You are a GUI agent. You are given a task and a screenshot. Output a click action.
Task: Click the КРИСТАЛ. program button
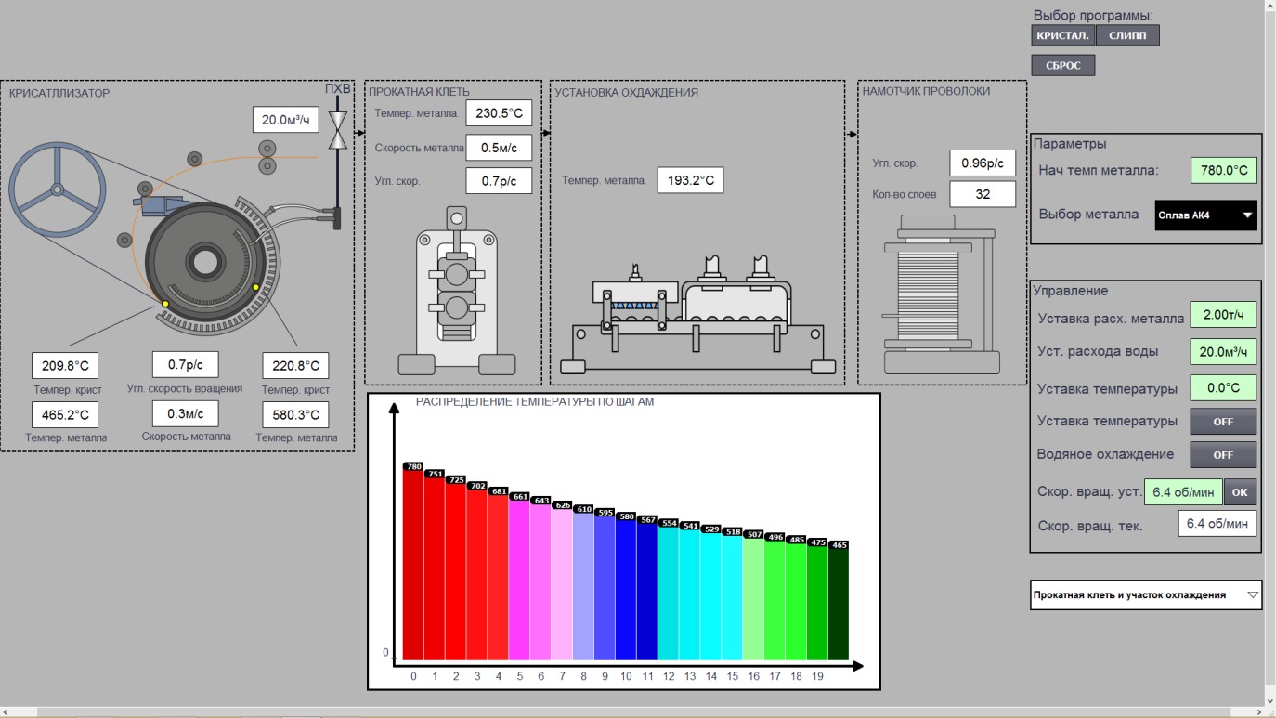click(1062, 35)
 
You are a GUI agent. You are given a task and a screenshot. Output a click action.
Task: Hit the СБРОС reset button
click(1063, 66)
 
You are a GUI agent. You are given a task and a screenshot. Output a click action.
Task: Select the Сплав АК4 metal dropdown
click(1206, 215)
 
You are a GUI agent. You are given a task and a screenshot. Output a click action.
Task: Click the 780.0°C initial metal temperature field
click(1224, 170)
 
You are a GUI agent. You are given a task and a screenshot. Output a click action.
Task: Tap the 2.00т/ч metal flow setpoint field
click(1223, 315)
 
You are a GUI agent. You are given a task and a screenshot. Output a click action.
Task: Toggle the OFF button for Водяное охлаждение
click(1223, 455)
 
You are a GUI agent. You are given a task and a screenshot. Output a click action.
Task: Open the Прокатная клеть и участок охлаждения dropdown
click(1146, 594)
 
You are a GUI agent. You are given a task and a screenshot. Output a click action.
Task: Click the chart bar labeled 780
click(413, 564)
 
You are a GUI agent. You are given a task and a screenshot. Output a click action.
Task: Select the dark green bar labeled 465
click(839, 603)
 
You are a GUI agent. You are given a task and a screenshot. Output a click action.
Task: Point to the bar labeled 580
click(626, 589)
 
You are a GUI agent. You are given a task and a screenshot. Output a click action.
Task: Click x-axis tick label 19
click(817, 676)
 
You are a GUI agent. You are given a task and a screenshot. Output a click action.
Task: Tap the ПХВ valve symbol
click(338, 130)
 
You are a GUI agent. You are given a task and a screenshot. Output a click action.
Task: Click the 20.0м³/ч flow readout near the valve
click(285, 120)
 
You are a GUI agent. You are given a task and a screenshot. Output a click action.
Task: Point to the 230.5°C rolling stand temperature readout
click(499, 113)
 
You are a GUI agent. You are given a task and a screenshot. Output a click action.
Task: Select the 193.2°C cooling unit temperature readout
click(690, 180)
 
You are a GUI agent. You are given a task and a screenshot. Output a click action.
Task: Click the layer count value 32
click(983, 194)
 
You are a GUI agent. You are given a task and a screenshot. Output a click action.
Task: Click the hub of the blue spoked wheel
click(57, 189)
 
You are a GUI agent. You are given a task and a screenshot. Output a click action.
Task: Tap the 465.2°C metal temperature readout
click(65, 415)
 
